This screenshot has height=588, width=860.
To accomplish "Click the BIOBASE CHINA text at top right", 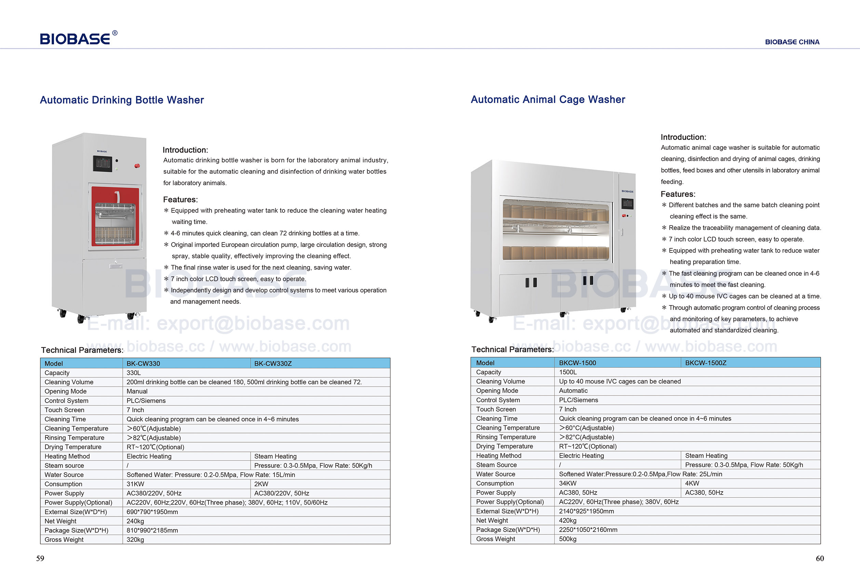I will pos(792,42).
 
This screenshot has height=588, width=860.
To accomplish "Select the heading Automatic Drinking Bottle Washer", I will pos(122,100).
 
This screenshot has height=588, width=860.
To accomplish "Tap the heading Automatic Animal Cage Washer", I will pos(548,99).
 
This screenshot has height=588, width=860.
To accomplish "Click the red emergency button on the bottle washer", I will pos(137,166).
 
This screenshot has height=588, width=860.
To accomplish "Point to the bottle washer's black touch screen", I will pos(102,163).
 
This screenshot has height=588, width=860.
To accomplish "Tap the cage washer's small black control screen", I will pos(627,203).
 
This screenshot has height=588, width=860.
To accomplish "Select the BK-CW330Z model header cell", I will pos(273,363).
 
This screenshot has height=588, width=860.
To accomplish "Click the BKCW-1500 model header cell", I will pos(577,363).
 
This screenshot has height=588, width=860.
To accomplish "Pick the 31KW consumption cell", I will pos(135,484).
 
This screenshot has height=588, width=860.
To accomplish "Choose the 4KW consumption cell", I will pos(692,483).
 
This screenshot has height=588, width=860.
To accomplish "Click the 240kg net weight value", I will pos(135,521).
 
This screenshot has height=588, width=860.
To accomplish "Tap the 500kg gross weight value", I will pos(568,539).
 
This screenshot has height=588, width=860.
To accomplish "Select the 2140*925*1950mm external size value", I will pos(586,511).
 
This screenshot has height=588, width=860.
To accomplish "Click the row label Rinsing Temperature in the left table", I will pos(75,438).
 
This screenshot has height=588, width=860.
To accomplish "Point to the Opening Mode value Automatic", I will pos(573,391).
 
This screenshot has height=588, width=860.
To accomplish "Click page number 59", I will pos(40,558).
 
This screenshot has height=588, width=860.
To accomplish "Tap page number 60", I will pos(820,558).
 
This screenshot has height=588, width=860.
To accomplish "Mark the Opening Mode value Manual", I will pos(137,391).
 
